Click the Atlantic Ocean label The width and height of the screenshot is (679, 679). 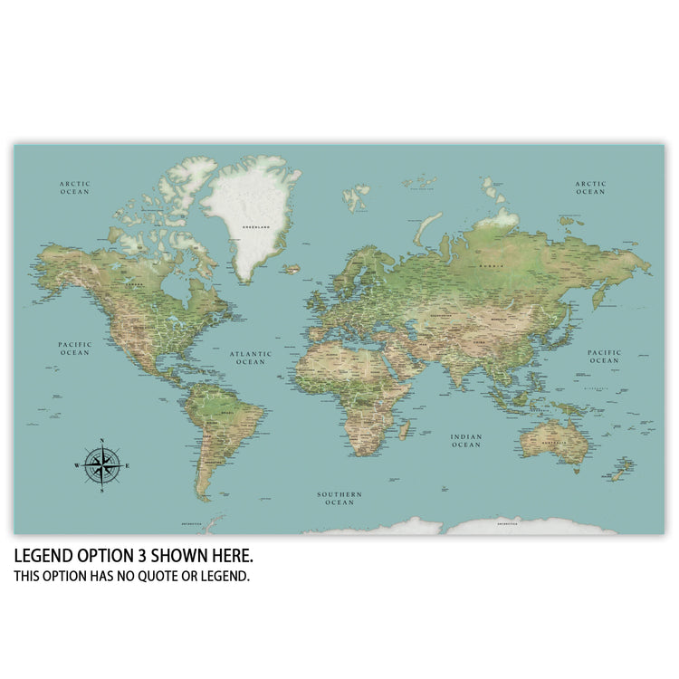250,358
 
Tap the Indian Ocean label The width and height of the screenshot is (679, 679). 466,440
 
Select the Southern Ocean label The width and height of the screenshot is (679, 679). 339,498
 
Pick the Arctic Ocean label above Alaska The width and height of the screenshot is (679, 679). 75,187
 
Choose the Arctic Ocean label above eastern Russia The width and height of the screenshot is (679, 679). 590,187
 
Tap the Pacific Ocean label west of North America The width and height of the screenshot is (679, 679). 74,348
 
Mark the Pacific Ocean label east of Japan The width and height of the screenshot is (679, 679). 604,356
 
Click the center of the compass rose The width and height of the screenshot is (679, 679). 102,465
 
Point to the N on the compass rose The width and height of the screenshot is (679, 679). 102,441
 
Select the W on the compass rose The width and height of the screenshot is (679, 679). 77,465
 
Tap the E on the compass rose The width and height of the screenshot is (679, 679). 128,465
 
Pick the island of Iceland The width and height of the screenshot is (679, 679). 291,268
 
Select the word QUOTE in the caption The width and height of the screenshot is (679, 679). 170,576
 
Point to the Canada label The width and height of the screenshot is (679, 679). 136,282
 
